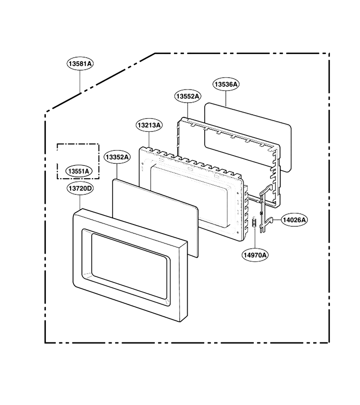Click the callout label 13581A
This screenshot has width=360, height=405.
tap(80, 63)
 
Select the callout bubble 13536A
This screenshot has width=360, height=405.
tap(226, 84)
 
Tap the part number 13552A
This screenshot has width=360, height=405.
tap(188, 96)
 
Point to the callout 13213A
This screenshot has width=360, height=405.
tap(149, 125)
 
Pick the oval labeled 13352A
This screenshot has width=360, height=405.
tap(117, 157)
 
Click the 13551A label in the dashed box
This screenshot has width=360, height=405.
tap(78, 171)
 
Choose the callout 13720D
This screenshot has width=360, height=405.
tap(80, 188)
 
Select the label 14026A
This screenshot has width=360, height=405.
tap(294, 220)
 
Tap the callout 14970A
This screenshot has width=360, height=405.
tap(255, 255)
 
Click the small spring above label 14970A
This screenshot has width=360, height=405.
tap(254, 223)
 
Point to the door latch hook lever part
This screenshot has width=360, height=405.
tap(265, 209)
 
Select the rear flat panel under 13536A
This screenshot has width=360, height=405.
tap(248, 137)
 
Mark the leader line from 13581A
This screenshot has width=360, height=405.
tap(80, 81)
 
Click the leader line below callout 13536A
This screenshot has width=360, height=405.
tap(226, 99)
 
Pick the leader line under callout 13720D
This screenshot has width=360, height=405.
tap(80, 202)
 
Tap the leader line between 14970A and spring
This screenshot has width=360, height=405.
tap(255, 238)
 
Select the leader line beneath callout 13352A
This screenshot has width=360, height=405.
tap(117, 171)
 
